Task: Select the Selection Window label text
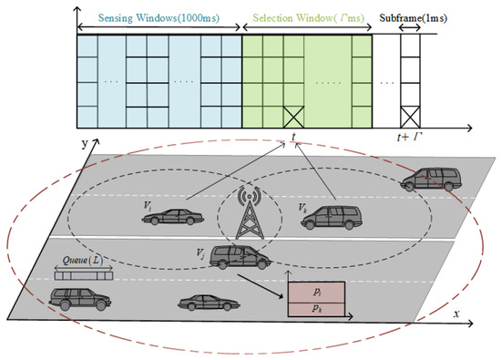[309, 17]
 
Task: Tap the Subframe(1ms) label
[420, 17]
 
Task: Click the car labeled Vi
[172, 216]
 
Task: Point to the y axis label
[84, 144]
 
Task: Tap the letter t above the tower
[294, 138]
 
